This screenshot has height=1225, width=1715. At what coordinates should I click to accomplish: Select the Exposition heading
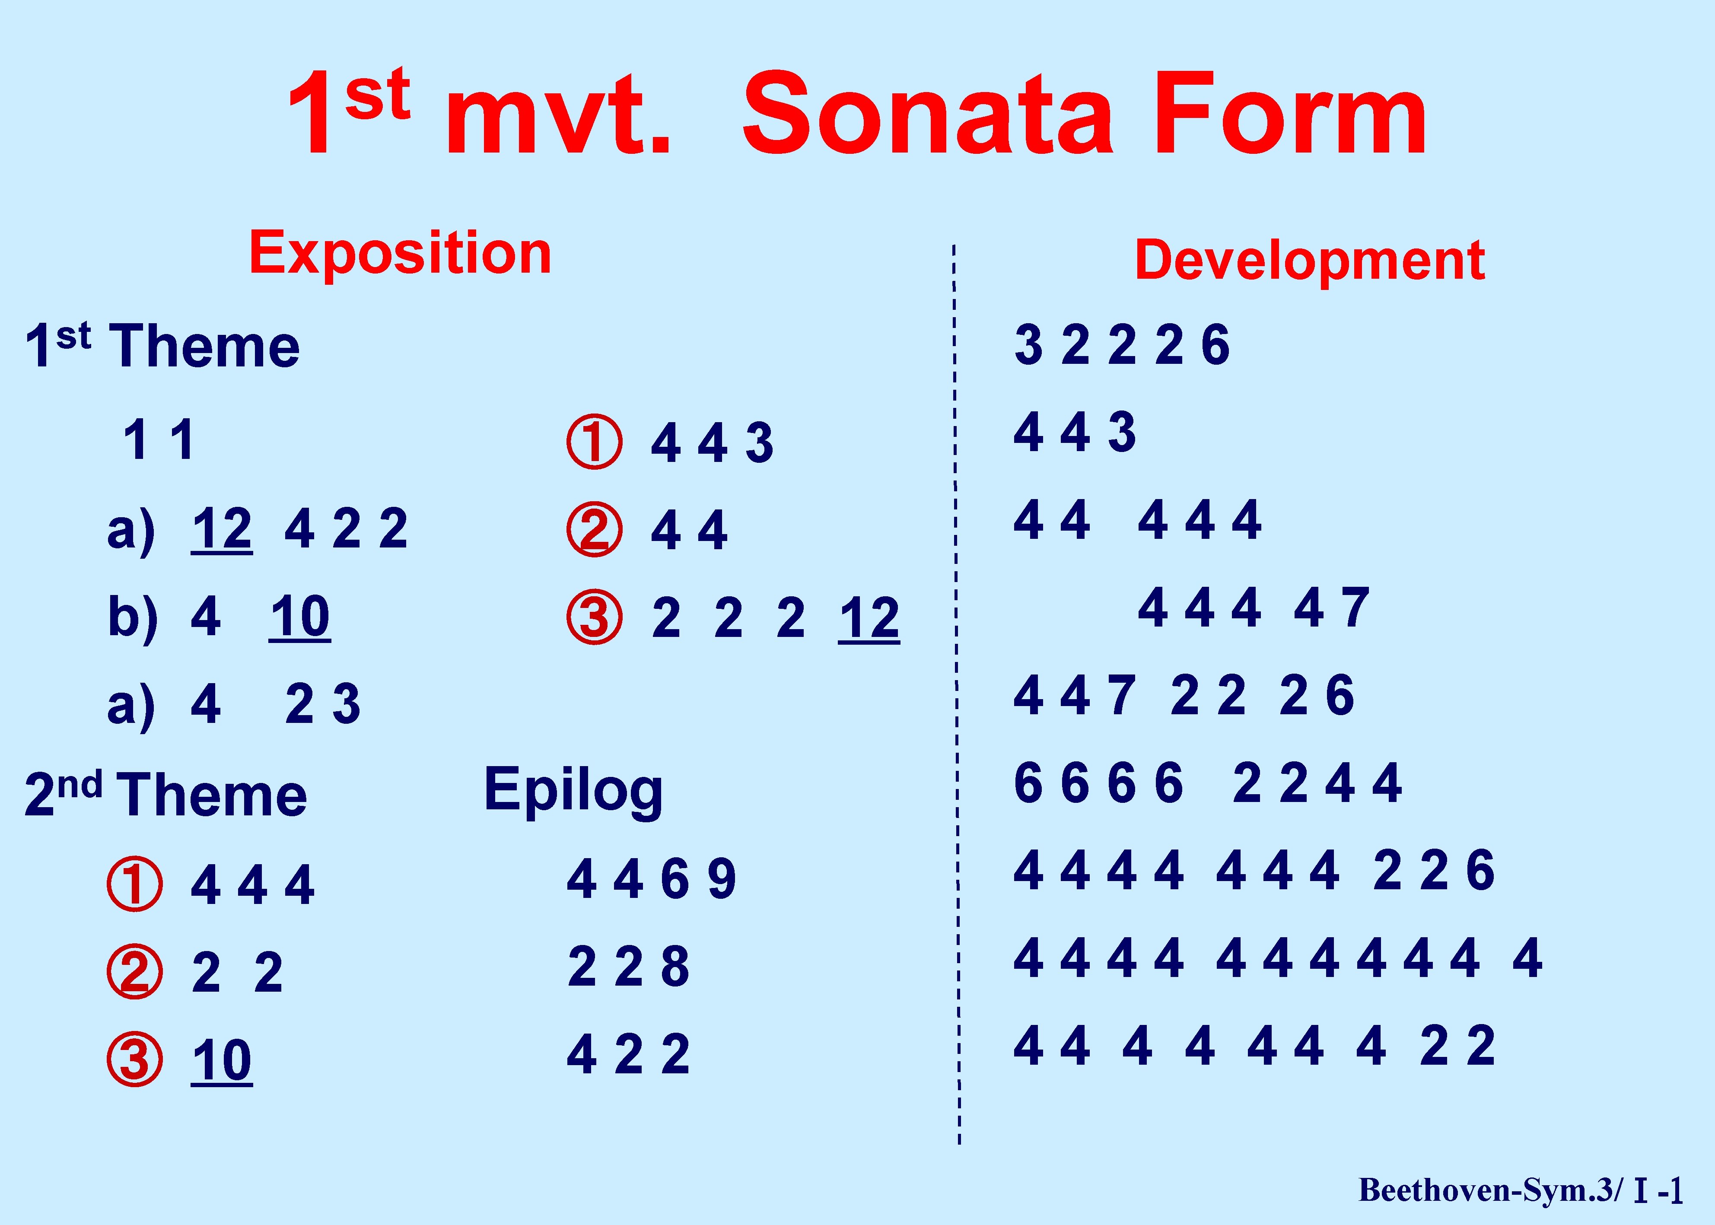pos(401,254)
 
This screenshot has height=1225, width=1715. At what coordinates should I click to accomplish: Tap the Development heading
pos(1310,260)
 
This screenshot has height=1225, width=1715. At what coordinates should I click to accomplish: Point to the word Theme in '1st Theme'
pos(205,347)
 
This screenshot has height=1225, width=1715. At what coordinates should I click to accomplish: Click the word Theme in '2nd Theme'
pos(213,796)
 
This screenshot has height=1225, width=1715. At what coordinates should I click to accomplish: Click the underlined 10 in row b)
pos(299,617)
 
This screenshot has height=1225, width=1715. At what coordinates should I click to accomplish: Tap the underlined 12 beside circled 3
pos(869,618)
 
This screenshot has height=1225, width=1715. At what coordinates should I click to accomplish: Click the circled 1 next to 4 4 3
pos(594,442)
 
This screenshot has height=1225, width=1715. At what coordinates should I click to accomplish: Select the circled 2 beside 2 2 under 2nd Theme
pos(135,971)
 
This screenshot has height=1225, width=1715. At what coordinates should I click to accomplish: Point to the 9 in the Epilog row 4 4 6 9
pos(722,879)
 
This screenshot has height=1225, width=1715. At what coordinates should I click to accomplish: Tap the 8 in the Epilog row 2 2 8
pos(675,967)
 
